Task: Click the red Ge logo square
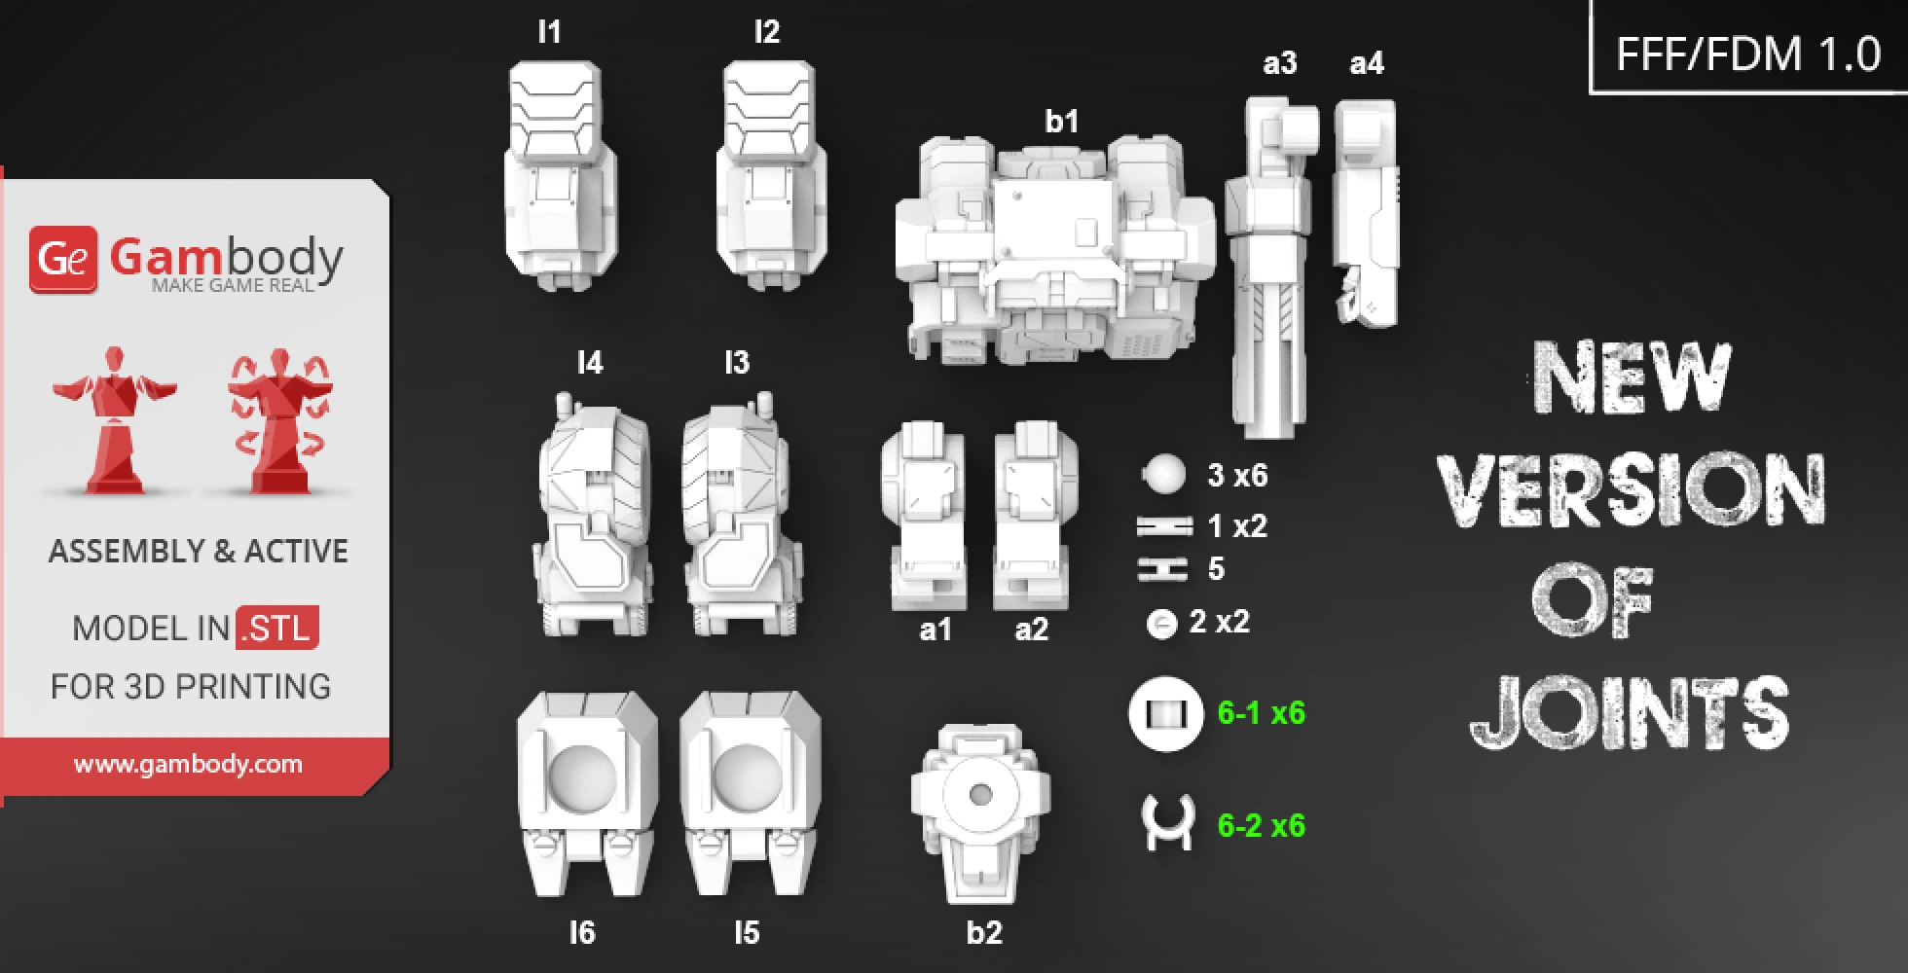[x=63, y=260]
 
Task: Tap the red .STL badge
[x=277, y=628]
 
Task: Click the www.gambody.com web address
[x=188, y=765]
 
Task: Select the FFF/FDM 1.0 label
[x=1747, y=54]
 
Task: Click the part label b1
[x=1061, y=122]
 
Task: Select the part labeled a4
[x=1366, y=214]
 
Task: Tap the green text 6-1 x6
[x=1261, y=713]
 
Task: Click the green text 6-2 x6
[x=1261, y=826]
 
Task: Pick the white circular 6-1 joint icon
[x=1166, y=714]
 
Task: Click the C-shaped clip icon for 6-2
[x=1166, y=823]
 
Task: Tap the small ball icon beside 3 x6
[x=1163, y=475]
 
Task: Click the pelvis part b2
[x=980, y=812]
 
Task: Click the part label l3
[x=737, y=363]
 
